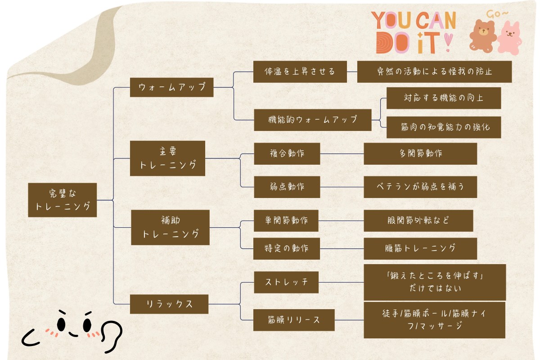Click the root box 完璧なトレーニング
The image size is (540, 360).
[x=62, y=200]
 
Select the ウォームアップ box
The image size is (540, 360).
[x=171, y=87]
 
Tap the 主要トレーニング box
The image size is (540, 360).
[x=167, y=158]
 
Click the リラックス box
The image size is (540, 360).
[x=169, y=304]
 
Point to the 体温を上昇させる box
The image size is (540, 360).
[x=300, y=72]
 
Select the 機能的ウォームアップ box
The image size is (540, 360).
[x=312, y=120]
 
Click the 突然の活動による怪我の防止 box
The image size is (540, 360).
[x=434, y=72]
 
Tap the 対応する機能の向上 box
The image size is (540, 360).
[x=443, y=98]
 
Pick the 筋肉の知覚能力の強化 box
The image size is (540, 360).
[x=443, y=127]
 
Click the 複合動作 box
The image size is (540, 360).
[x=287, y=153]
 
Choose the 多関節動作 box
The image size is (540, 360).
[x=420, y=153]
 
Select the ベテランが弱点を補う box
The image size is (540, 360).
[x=420, y=187]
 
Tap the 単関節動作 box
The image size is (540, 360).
[x=286, y=220]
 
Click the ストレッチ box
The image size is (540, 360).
[x=286, y=283]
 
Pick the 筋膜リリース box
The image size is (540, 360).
[x=294, y=320]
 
